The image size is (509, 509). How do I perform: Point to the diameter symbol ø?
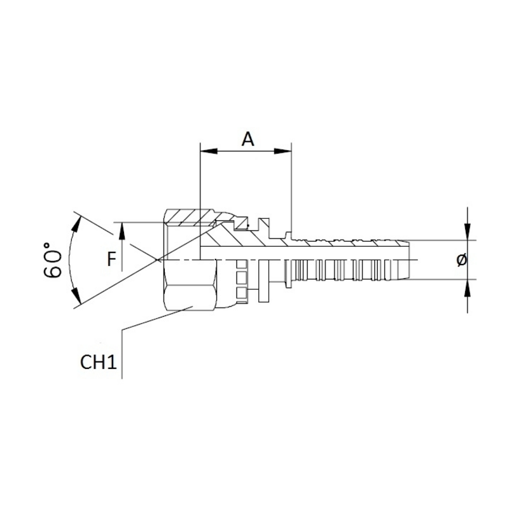pyautogui.click(x=463, y=260)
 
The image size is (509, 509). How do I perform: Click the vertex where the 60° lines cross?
pyautogui.click(x=157, y=260)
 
